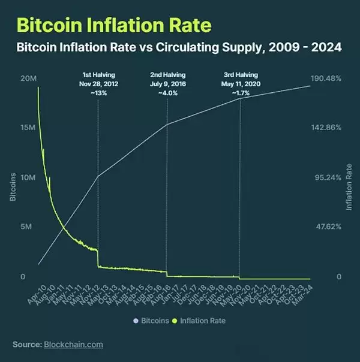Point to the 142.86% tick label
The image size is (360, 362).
(x=328, y=128)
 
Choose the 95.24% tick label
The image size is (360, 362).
(x=329, y=178)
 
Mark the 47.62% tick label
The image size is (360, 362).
(x=329, y=227)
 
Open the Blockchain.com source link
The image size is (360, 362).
(x=73, y=345)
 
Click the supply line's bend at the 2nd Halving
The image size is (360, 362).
(x=167, y=124)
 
